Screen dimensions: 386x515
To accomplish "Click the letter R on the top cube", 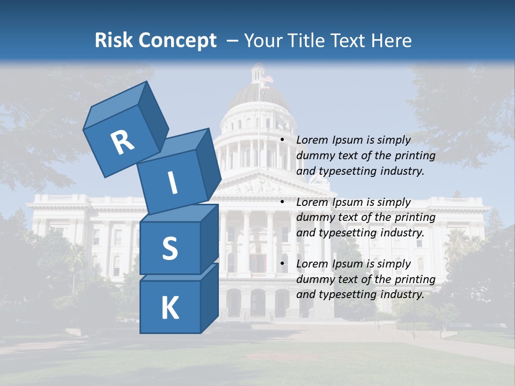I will point(122,142).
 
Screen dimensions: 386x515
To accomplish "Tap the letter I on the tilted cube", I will point(172,183).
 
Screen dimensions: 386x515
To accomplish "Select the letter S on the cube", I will point(170,248).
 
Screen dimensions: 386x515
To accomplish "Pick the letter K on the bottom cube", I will point(170,308).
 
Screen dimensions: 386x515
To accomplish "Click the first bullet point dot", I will point(282,140).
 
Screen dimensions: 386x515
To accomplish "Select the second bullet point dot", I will point(282,203).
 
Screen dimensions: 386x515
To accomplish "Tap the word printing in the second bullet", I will point(415,218).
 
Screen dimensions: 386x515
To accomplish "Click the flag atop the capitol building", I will point(267,78).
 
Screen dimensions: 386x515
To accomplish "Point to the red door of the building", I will point(258,263).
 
